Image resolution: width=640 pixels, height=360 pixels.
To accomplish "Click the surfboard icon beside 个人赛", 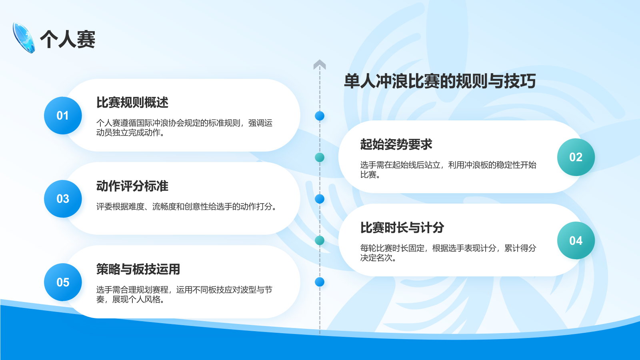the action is (x=24, y=38).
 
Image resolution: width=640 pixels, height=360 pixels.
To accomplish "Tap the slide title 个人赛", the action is (x=68, y=39).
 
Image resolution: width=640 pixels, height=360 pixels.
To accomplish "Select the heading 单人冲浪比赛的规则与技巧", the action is (x=440, y=81).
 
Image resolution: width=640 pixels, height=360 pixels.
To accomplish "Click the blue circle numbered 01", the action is (x=63, y=116).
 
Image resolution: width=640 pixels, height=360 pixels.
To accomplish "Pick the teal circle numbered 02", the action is (x=576, y=157).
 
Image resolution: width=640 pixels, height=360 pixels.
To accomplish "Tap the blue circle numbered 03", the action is (x=63, y=199).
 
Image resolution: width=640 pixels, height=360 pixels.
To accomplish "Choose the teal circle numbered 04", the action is (x=576, y=240).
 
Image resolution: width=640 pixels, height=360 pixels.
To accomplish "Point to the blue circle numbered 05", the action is (x=63, y=282).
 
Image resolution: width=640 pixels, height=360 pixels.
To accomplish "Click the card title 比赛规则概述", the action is (x=132, y=102).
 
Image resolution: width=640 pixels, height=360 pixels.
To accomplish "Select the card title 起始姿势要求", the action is (x=396, y=144).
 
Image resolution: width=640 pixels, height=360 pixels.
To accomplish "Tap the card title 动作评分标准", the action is (x=132, y=186).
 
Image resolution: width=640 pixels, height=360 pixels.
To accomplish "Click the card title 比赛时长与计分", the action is (x=402, y=228).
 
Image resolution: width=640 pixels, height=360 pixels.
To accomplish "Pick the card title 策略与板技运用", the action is (x=138, y=269).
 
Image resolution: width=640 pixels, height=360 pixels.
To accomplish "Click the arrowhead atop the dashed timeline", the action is (x=320, y=64).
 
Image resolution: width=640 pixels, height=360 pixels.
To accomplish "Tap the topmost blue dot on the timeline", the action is (x=320, y=116).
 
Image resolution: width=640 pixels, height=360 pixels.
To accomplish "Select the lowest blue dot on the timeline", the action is (x=320, y=282).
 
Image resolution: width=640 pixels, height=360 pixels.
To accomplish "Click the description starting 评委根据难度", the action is (x=187, y=206).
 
